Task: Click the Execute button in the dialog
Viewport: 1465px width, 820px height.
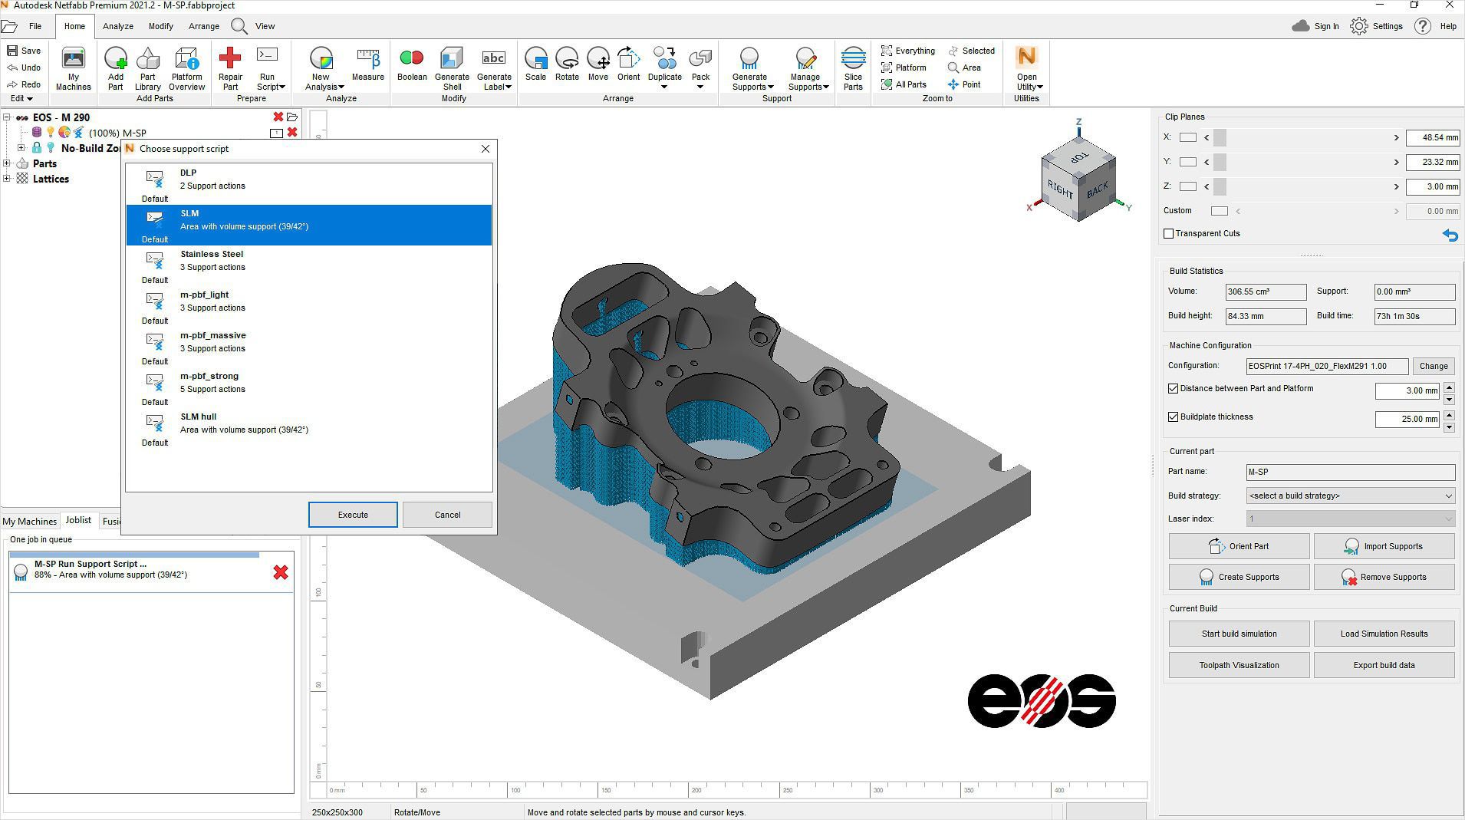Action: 353,515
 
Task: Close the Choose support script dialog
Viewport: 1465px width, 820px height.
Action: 486,149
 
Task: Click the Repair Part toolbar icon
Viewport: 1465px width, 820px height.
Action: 230,68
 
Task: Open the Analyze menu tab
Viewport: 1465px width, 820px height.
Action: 118,26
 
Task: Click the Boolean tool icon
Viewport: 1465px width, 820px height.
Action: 412,64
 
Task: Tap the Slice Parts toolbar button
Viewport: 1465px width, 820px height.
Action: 853,68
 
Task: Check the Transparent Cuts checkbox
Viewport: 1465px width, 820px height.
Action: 1169,234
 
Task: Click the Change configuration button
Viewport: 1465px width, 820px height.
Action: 1433,366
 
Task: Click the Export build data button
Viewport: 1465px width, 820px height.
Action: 1384,665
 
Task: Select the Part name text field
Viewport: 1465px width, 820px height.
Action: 1350,473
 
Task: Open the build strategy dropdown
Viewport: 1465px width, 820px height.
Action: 1350,496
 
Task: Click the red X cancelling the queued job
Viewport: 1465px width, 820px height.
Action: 281,572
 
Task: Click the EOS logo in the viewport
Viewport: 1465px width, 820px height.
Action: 1042,701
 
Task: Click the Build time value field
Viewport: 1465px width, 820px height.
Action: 1414,316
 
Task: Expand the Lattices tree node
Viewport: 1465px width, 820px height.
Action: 7,179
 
